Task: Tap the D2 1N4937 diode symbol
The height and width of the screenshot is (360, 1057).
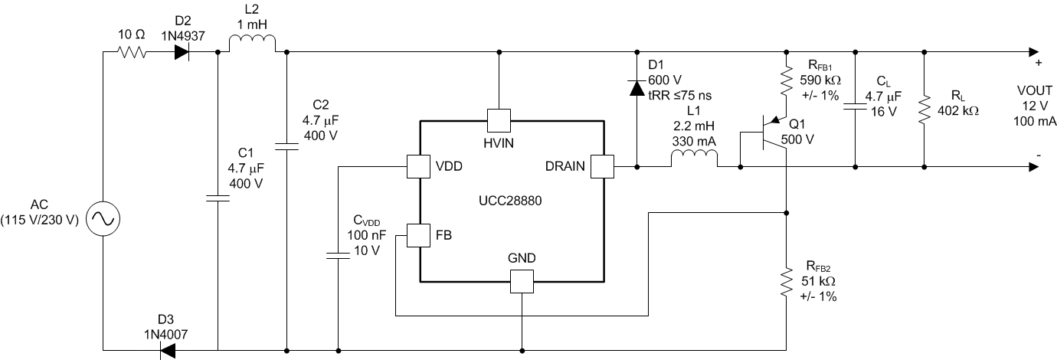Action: pyautogui.click(x=182, y=52)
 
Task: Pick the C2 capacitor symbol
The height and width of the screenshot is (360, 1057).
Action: pyautogui.click(x=286, y=144)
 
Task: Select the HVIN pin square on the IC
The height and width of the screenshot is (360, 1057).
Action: pyautogui.click(x=499, y=119)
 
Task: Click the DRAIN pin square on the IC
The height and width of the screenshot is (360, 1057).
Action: pyautogui.click(x=603, y=166)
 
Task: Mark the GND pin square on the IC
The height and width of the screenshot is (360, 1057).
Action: pyautogui.click(x=522, y=282)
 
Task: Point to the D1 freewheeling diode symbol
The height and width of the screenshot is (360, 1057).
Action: pyautogui.click(x=636, y=87)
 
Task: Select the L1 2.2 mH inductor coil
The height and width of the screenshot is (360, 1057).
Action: pyautogui.click(x=694, y=159)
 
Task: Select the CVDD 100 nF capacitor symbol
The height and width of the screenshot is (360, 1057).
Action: pyautogui.click(x=337, y=254)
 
